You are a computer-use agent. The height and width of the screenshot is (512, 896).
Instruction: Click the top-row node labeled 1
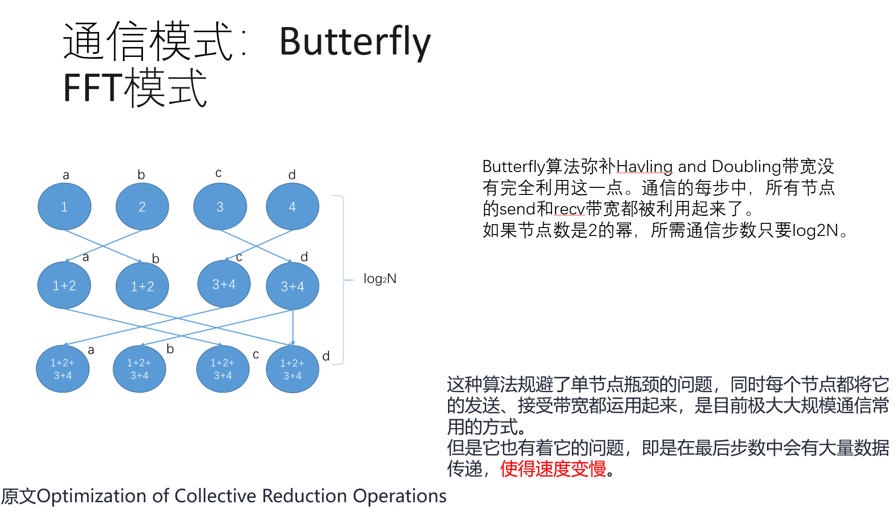64,207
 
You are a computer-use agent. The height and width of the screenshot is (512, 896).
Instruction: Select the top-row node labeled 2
142,207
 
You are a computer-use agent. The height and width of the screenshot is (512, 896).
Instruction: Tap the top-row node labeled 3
220,207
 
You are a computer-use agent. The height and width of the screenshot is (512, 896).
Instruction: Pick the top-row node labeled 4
292,207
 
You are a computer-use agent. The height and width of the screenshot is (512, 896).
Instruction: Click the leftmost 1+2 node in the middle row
64,285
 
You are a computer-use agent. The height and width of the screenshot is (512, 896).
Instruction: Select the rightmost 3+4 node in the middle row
292,286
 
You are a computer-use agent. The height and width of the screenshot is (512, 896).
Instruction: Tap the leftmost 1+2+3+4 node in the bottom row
63,369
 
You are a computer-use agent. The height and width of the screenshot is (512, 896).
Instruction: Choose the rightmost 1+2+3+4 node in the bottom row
292,369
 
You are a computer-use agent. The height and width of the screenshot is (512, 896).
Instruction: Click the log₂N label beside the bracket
380,279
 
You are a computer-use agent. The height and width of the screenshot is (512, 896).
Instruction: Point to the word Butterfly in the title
355,42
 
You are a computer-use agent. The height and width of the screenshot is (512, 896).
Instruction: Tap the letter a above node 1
66,175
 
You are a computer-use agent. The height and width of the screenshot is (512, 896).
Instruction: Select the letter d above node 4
292,175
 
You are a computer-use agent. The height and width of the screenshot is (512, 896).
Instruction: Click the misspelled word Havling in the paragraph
645,166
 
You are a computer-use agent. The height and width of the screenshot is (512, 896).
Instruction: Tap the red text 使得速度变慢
553,469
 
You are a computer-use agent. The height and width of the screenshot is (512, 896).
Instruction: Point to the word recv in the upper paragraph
569,209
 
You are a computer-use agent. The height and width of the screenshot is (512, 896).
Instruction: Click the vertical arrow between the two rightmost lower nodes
293,328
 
